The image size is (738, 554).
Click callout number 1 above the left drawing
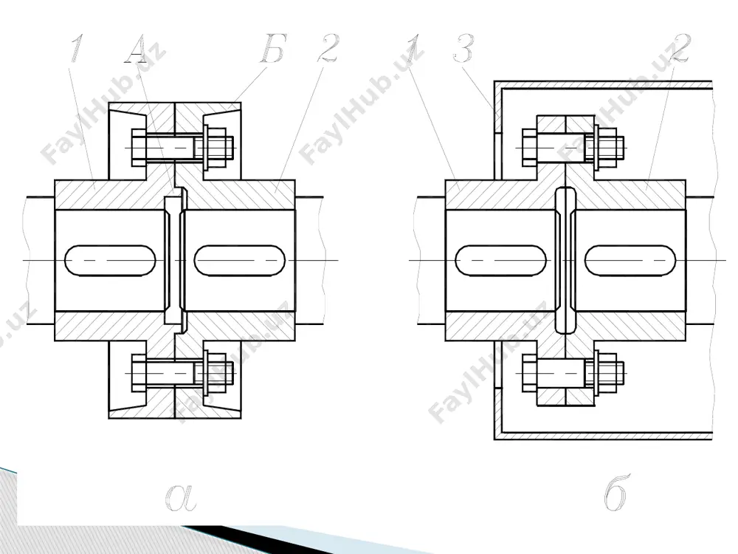[77, 48]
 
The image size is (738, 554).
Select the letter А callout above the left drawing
[137, 49]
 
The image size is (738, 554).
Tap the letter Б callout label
[274, 49]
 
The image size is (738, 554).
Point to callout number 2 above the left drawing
[328, 48]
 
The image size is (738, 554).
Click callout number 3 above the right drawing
[464, 48]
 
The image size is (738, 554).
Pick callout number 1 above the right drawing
[414, 48]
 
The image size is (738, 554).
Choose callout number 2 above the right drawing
[680, 48]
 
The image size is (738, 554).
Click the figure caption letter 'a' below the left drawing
[181, 497]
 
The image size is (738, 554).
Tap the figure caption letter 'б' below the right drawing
[615, 493]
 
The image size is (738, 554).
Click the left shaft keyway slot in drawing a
[110, 260]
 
